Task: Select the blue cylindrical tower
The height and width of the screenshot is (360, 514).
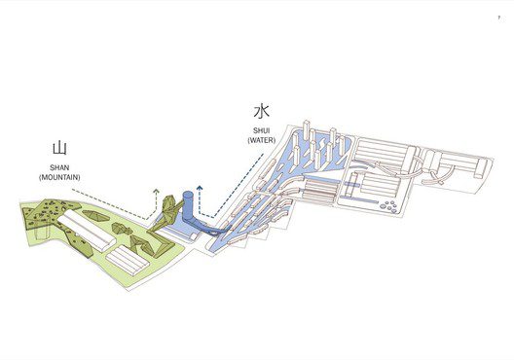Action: tap(189, 210)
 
